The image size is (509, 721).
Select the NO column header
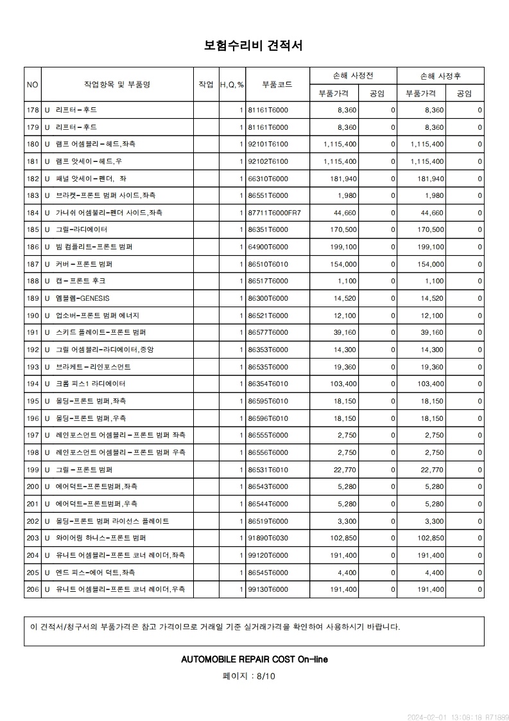(x=33, y=84)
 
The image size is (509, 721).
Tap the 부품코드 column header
(x=277, y=84)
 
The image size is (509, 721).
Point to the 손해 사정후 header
(x=440, y=76)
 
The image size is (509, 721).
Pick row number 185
(x=33, y=229)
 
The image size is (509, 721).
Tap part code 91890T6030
(x=268, y=538)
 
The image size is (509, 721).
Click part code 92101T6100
(x=268, y=144)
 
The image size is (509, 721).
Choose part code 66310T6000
(x=268, y=178)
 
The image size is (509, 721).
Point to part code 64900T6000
(x=268, y=247)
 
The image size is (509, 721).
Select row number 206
(x=33, y=589)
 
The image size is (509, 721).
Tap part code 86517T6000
(x=268, y=281)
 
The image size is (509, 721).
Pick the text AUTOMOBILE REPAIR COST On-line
(x=254, y=659)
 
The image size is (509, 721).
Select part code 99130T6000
(x=268, y=589)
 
